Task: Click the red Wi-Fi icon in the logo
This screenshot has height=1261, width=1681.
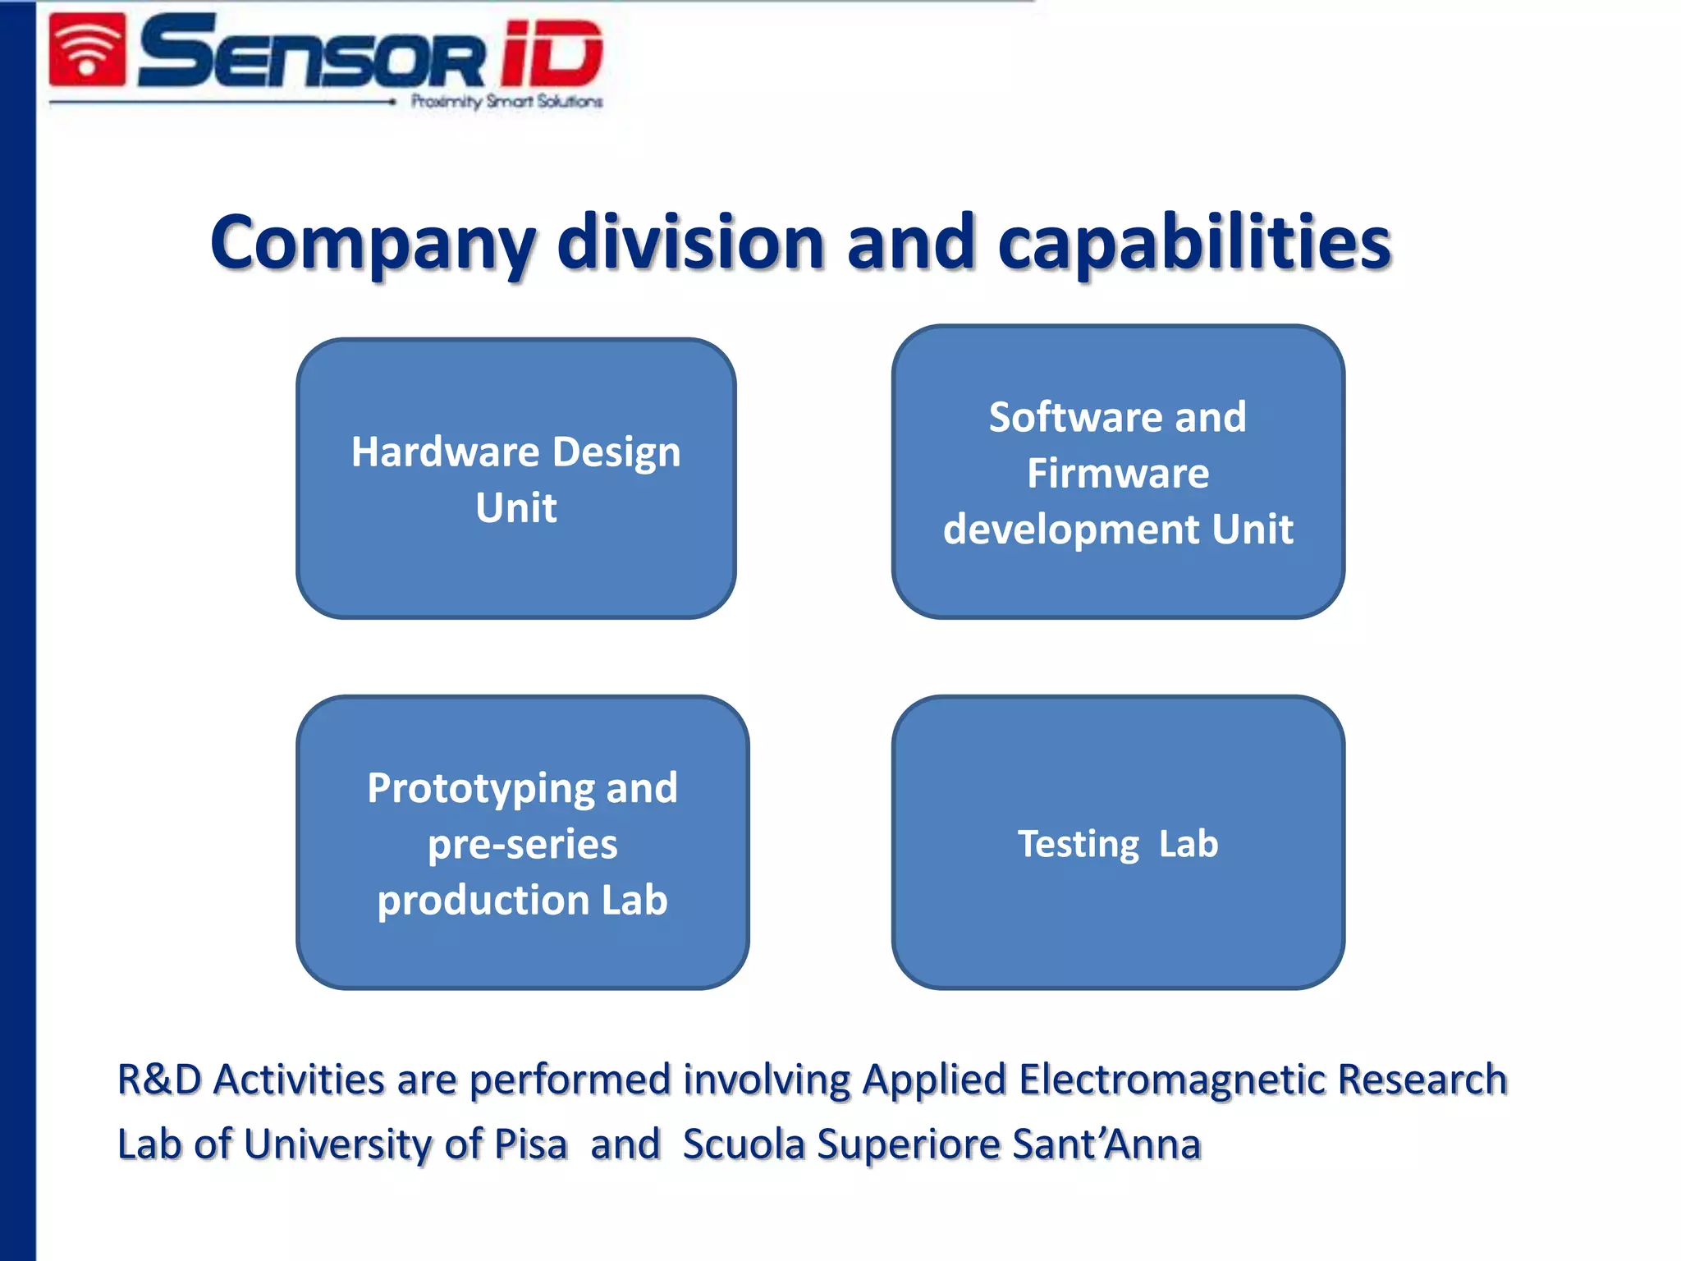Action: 88,51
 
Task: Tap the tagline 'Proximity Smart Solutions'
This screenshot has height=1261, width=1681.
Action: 506,102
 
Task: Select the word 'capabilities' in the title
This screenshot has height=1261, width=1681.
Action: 1194,244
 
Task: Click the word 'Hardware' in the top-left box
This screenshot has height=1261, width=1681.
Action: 445,452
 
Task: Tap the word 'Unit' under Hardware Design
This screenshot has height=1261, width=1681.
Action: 516,507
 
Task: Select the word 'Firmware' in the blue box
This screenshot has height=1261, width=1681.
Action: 1118,474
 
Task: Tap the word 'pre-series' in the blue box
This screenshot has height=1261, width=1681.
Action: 523,845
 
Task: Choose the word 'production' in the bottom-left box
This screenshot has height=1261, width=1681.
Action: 483,901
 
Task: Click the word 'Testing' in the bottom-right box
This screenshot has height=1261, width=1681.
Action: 1079,845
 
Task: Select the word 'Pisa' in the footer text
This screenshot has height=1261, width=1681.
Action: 531,1144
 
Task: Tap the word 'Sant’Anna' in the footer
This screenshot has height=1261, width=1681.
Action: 1106,1144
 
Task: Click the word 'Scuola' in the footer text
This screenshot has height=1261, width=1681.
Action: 744,1144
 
